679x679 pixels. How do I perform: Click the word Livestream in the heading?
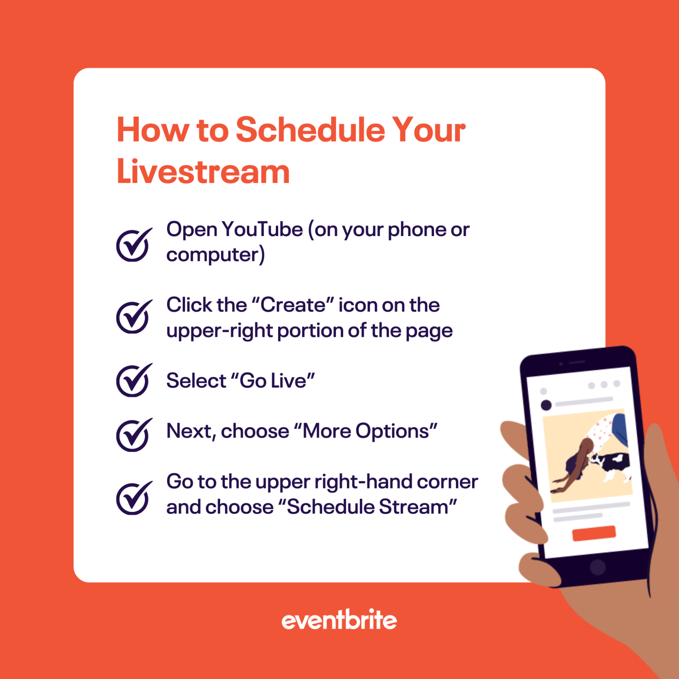[x=203, y=172]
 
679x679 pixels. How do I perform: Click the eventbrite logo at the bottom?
[x=339, y=621]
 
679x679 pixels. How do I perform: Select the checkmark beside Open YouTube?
[x=133, y=245]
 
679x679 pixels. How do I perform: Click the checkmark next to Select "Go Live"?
[x=133, y=381]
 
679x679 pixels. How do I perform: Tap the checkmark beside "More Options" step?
[x=133, y=435]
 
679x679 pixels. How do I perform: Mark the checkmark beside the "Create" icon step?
[x=133, y=317]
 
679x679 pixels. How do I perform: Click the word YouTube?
[x=262, y=230]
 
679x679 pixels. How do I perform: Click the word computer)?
[x=215, y=255]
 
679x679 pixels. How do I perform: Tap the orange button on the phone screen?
[x=594, y=534]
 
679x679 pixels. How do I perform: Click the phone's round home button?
[x=597, y=567]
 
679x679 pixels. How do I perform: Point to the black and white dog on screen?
[x=613, y=464]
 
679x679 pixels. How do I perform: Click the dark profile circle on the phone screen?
[x=546, y=405]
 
